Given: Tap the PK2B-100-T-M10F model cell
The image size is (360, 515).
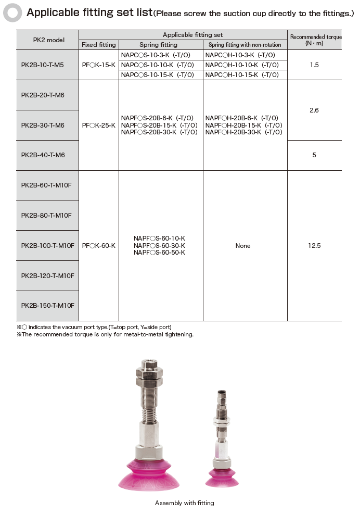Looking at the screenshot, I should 47,245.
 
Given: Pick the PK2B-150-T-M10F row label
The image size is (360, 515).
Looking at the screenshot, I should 47,306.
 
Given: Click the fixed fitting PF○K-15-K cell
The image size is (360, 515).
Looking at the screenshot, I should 99,65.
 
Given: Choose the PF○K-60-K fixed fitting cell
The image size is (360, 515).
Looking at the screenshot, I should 99,245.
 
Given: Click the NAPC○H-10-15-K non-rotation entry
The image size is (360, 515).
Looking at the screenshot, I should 242,75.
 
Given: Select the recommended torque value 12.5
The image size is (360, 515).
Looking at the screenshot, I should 314,245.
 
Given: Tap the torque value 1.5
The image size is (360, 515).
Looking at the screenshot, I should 314,65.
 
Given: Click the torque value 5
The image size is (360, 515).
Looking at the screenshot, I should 314,155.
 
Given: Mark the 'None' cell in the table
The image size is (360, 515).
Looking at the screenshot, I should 243,245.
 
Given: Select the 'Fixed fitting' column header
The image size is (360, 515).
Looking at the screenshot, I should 99,45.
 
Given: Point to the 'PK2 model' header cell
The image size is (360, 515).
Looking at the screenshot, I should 47,40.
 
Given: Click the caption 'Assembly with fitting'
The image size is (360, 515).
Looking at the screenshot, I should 184,503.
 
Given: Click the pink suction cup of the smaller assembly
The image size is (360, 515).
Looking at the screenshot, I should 222,476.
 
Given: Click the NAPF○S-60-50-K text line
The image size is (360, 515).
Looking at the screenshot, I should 159,253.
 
